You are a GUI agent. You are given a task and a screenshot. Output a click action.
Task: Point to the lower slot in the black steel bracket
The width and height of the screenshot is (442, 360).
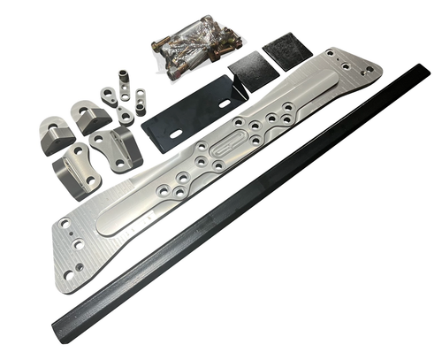click(177, 134)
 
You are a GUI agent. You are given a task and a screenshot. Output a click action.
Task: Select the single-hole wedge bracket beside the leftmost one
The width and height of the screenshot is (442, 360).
click(91, 116)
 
